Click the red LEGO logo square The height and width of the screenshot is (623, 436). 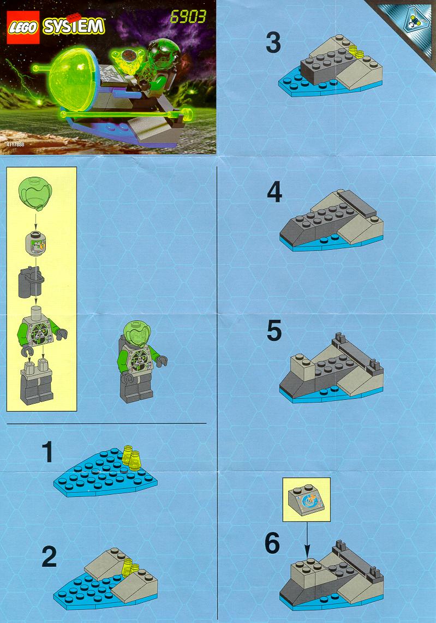pos(23,27)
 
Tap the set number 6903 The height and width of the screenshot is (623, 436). pos(188,17)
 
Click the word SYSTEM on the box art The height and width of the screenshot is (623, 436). pos(74,26)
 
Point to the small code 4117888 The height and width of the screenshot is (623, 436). pos(15,144)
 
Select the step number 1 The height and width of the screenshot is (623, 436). pos(47,452)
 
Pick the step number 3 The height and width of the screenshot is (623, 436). pos(273,43)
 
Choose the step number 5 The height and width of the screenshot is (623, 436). pos(274,331)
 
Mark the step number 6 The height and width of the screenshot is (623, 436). pos(272,543)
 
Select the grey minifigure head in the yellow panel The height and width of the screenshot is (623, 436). pos(35,242)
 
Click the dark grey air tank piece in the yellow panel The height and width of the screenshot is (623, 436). pos(31,282)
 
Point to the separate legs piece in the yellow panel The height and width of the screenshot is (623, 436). pos(37,381)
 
